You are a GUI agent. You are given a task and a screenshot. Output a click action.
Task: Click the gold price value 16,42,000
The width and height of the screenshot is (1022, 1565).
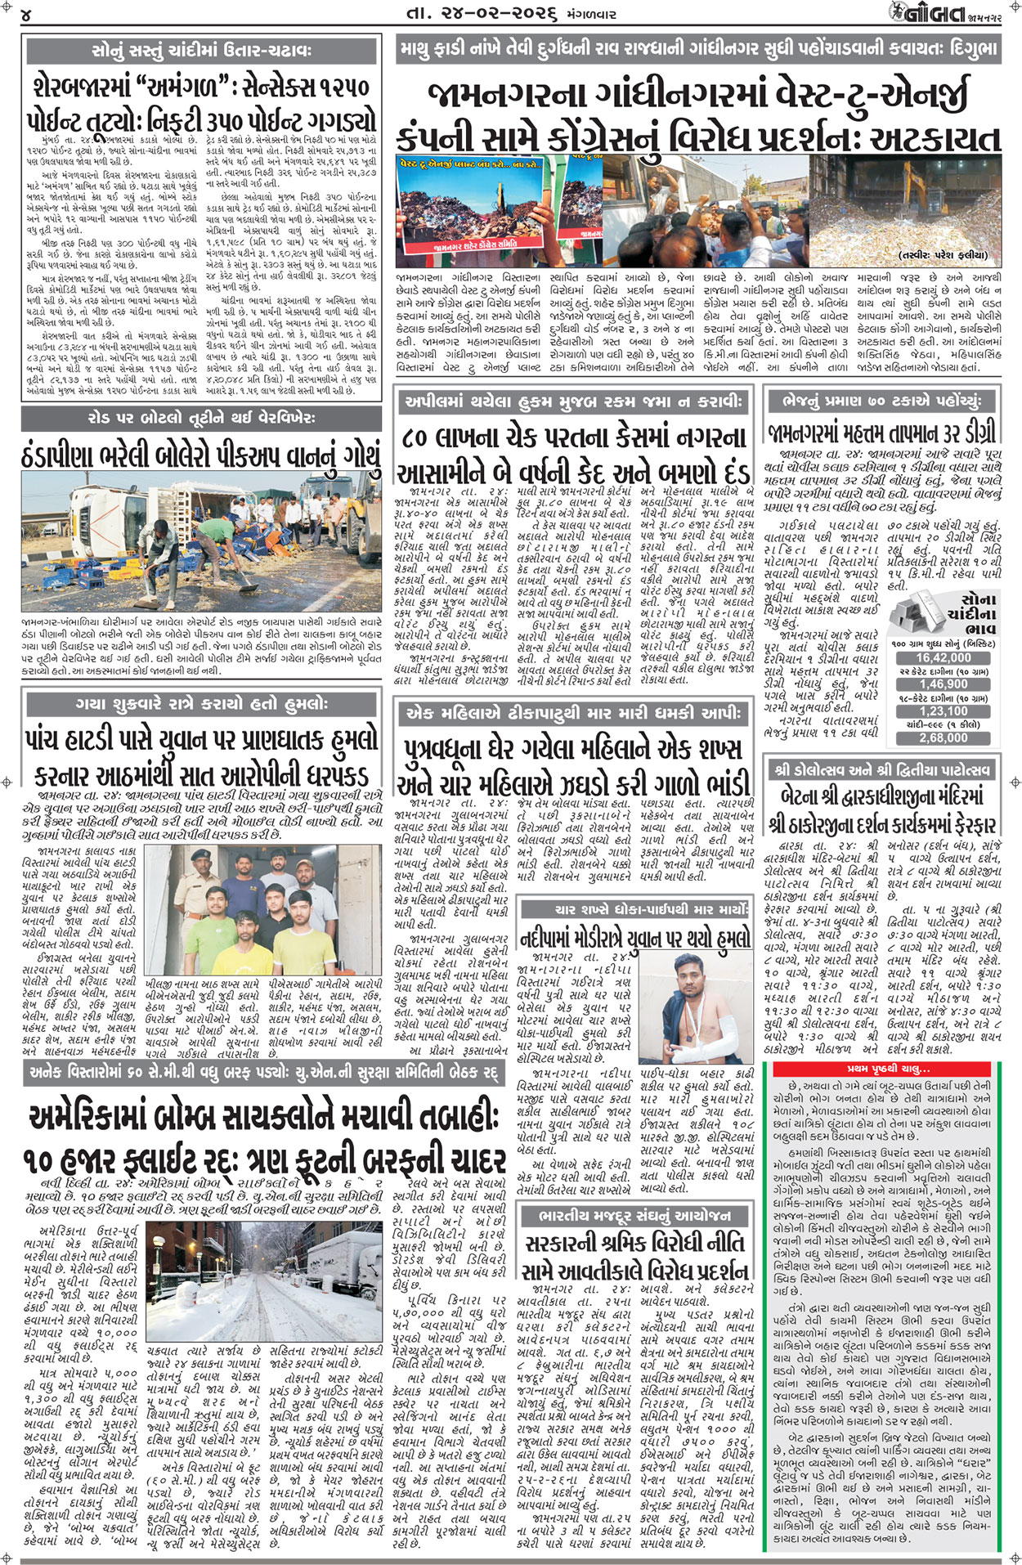coord(943,657)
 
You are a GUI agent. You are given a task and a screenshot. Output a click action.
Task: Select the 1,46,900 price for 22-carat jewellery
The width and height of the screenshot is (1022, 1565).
coord(943,684)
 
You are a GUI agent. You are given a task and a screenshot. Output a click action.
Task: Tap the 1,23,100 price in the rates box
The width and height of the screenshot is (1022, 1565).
coord(943,711)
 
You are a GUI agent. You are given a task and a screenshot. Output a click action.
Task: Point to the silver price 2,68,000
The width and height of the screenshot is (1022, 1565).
coord(943,738)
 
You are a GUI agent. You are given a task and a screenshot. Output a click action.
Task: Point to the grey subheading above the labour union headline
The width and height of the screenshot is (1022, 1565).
coord(635,1214)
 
